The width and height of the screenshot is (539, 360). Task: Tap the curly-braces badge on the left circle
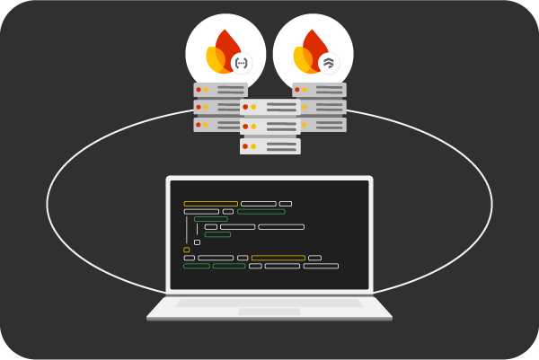pyautogui.click(x=241, y=63)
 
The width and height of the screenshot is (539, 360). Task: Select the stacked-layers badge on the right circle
pyautogui.click(x=329, y=63)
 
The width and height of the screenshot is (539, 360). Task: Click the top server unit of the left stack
pyautogui.click(x=220, y=90)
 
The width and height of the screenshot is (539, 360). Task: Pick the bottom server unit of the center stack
pyautogui.click(x=269, y=145)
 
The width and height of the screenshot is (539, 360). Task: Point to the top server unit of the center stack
pyautogui.click(x=269, y=107)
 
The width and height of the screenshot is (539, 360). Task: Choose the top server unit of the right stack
pyautogui.click(x=319, y=90)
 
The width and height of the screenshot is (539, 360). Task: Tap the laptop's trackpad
pyautogui.click(x=269, y=312)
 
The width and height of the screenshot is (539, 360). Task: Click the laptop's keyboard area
pyautogui.click(x=269, y=303)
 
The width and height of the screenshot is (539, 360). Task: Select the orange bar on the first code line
pyautogui.click(x=210, y=204)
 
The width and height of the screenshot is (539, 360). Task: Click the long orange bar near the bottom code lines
pyautogui.click(x=278, y=258)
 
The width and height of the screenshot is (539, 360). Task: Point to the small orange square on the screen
pyautogui.click(x=187, y=250)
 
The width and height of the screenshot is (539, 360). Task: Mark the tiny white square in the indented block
pyautogui.click(x=197, y=242)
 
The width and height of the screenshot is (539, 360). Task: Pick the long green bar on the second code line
pyautogui.click(x=261, y=212)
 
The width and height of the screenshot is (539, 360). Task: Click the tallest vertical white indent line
pyautogui.click(x=187, y=230)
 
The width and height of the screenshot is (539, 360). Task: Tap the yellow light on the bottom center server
pyautogui.click(x=253, y=145)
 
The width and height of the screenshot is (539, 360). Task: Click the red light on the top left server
pyautogui.click(x=199, y=90)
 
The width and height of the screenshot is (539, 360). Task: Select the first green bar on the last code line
pyautogui.click(x=196, y=266)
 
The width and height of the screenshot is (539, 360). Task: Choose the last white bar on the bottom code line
pyautogui.click(x=321, y=266)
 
